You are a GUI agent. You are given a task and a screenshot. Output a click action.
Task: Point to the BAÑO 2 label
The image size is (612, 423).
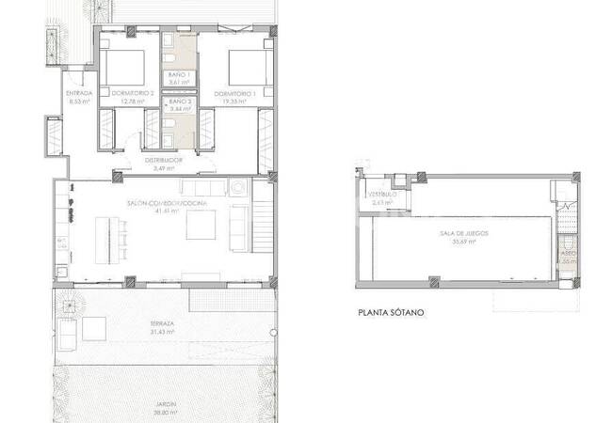click(x=180, y=101)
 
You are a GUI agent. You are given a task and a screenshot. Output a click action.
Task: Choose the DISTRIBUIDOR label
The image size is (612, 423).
click(x=164, y=161)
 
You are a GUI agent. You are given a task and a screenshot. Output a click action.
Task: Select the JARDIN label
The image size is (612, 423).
click(x=169, y=404)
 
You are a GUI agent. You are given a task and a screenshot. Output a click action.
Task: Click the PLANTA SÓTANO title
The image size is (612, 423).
click(x=391, y=312)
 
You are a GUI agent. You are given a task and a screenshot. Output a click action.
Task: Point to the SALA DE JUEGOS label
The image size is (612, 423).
click(x=461, y=232)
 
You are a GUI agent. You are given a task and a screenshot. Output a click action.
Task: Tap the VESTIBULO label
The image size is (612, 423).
click(x=382, y=195)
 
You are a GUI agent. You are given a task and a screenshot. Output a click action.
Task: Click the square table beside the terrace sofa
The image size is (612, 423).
click(x=94, y=330)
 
